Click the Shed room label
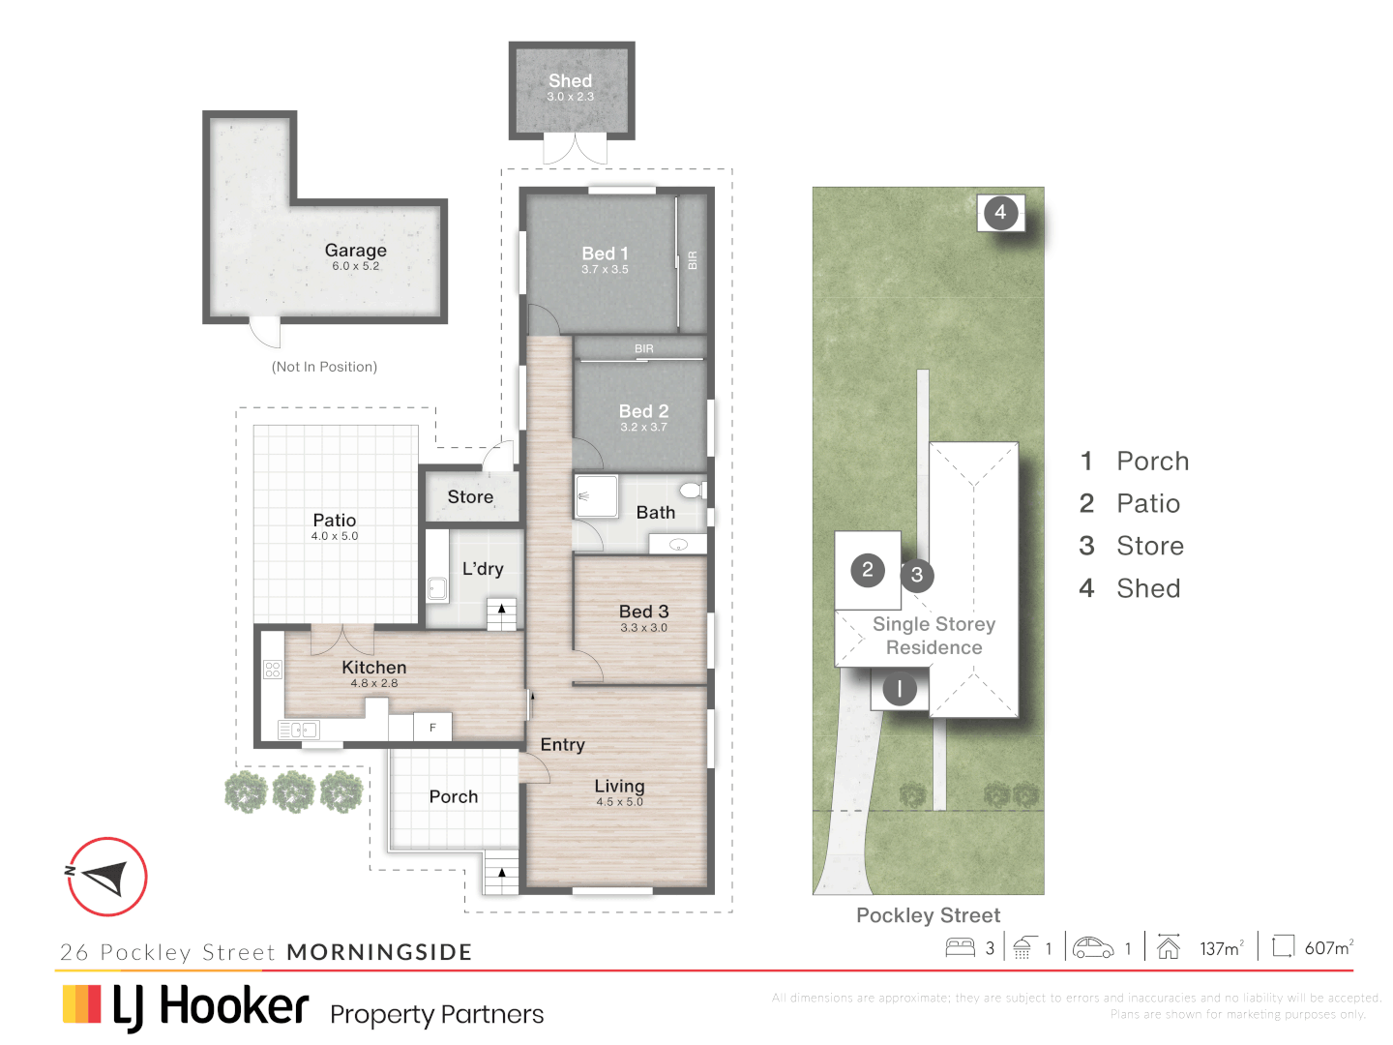pos(570,81)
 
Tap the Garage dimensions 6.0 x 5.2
pos(355,266)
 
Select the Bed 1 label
pos(605,254)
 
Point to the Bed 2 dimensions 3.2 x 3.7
pos(643,427)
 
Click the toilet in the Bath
pos(693,490)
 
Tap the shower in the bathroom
pos(596,495)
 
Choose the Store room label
pos(470,496)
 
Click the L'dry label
pos(483,569)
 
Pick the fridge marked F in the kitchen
pos(432,727)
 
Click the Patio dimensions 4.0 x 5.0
pos(335,536)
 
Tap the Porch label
pos(454,796)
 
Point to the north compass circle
pos(107,877)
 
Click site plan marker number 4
pos(1000,213)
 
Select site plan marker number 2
pos(868,570)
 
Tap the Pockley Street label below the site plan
pos(928,915)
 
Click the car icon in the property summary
pos(1093,947)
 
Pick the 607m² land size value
pos(1328,948)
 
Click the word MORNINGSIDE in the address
pos(379,952)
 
